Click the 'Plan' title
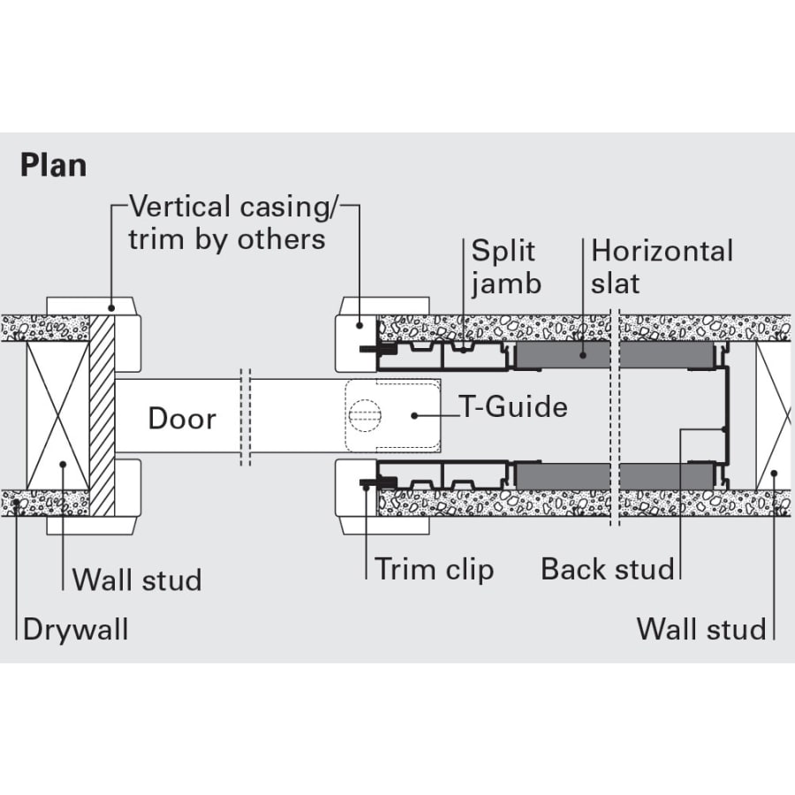[53, 165]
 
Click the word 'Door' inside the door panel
[181, 418]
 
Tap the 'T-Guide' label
[513, 407]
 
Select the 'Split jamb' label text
[505, 267]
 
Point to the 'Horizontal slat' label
[662, 267]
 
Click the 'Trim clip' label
[434, 569]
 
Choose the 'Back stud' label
[608, 569]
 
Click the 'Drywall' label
[75, 630]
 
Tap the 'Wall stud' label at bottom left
[137, 580]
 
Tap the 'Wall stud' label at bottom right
[701, 630]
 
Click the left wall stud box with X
[58, 415]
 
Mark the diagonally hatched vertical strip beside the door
[102, 415]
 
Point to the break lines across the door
[246, 417]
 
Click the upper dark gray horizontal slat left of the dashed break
[562, 356]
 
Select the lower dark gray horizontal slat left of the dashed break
[562, 476]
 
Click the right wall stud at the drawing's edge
[774, 415]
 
